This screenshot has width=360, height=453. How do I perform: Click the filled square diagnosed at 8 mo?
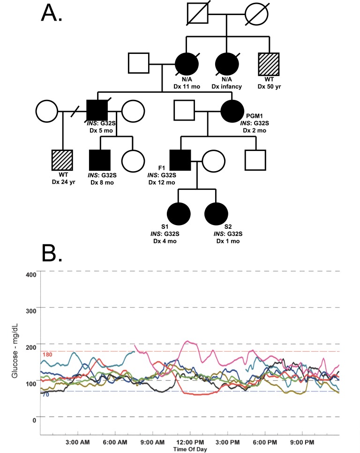[x=99, y=160]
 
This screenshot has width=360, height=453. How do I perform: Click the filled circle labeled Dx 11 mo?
[x=186, y=62]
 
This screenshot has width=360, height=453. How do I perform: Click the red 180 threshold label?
[x=47, y=355]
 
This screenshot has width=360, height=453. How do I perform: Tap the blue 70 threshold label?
[x=45, y=395]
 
